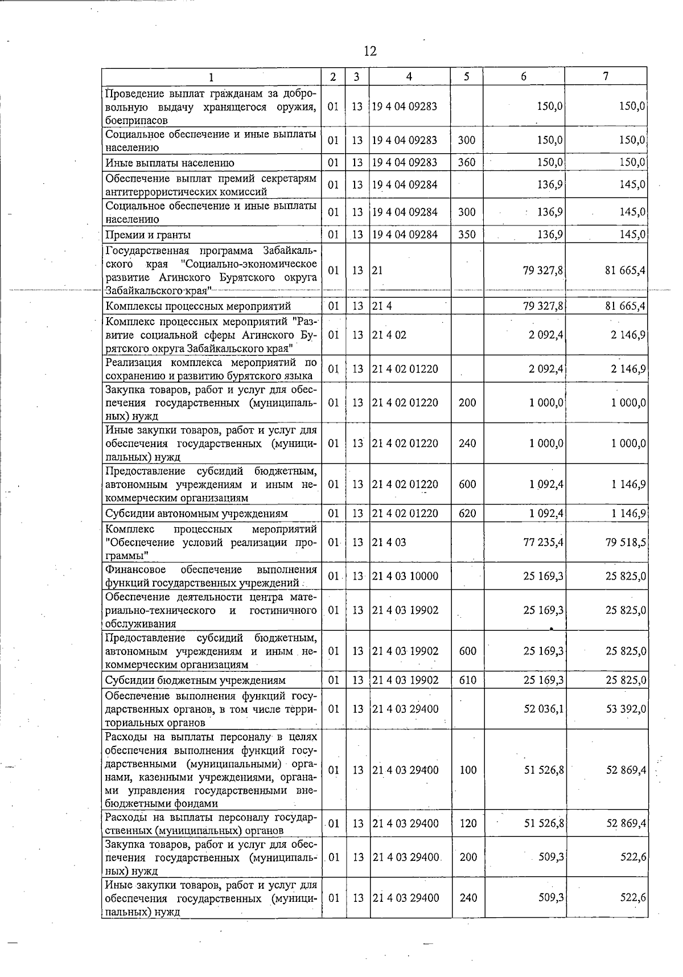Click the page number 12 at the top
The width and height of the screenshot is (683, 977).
pyautogui.click(x=370, y=51)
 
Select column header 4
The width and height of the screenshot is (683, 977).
pyautogui.click(x=409, y=76)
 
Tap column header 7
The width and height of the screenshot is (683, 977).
pyautogui.click(x=606, y=76)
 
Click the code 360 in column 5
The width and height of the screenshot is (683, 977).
pyautogui.click(x=467, y=162)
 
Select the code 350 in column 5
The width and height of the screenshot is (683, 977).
pyautogui.click(x=467, y=235)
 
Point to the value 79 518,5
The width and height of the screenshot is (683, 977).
pyautogui.click(x=626, y=543)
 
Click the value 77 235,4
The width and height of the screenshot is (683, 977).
pyautogui.click(x=543, y=543)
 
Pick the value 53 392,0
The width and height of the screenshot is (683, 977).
pyautogui.click(x=626, y=709)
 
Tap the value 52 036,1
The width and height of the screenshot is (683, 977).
pyautogui.click(x=543, y=709)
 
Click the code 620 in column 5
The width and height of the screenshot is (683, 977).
pyautogui.click(x=467, y=514)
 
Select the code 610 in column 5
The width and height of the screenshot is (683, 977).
pyautogui.click(x=467, y=680)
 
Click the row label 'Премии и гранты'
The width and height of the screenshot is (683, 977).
pyautogui.click(x=148, y=235)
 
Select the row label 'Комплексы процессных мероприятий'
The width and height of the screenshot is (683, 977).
pyautogui.click(x=198, y=306)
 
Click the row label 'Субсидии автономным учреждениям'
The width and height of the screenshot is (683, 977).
pyautogui.click(x=196, y=514)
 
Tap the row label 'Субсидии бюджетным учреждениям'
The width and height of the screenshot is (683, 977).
pyautogui.click(x=195, y=680)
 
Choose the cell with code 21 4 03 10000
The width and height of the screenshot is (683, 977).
pyautogui.click(x=405, y=576)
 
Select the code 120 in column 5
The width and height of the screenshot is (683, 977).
pyautogui.click(x=468, y=823)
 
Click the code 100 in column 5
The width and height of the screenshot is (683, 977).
pyautogui.click(x=468, y=770)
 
